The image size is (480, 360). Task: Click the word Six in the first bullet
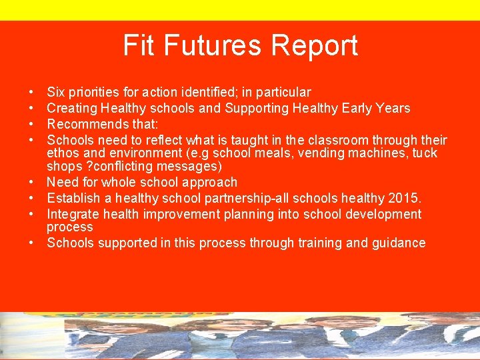point(56,92)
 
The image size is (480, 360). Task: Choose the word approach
point(209,182)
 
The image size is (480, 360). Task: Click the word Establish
point(71,198)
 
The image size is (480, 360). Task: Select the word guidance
point(396,243)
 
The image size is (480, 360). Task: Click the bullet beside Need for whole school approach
point(31,182)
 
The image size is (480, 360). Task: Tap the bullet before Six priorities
point(31,92)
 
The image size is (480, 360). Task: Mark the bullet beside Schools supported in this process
point(31,243)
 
